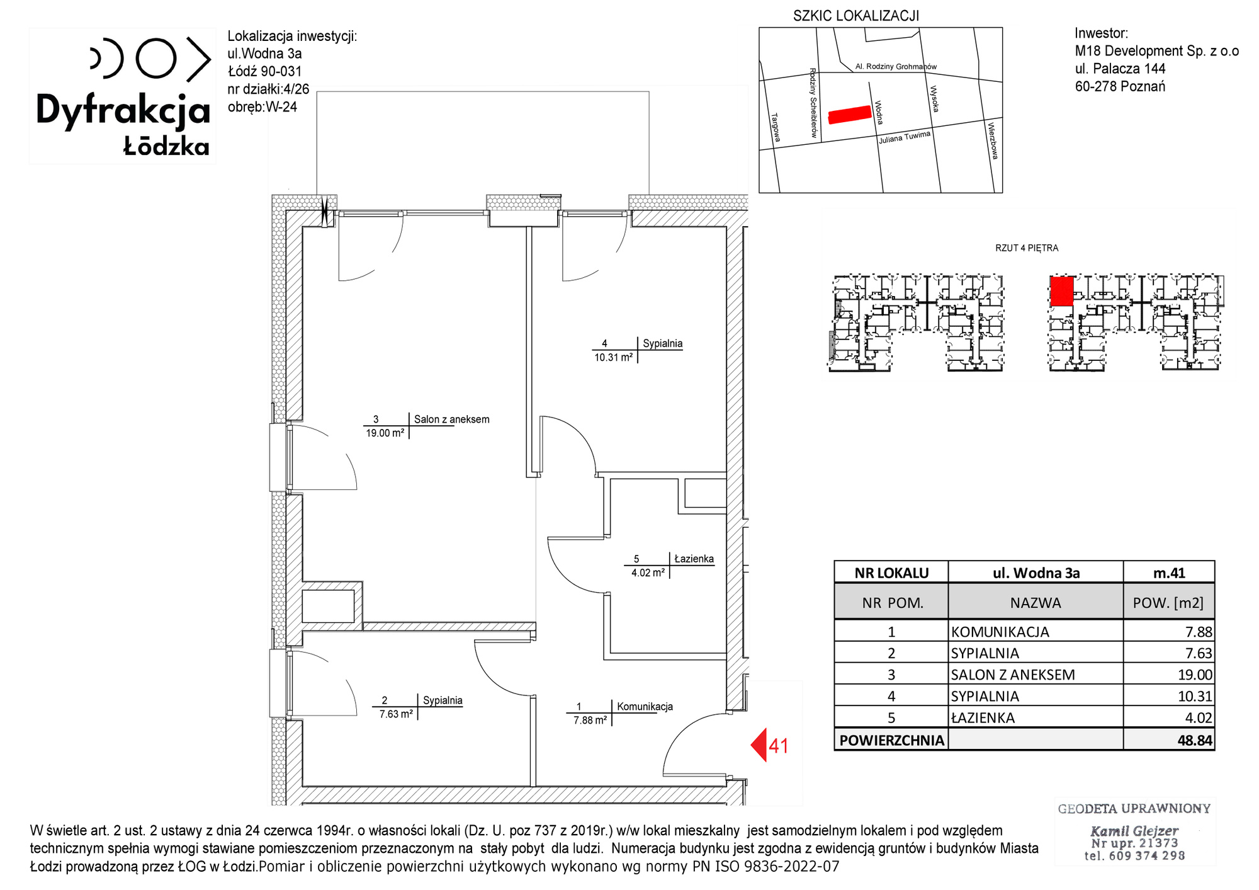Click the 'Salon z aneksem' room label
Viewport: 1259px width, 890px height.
[451, 419]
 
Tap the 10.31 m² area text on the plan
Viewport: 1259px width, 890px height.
[614, 357]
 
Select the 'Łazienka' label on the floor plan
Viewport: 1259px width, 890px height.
[694, 559]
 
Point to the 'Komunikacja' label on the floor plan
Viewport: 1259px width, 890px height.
[645, 707]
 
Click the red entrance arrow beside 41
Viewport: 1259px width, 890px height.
[759, 745]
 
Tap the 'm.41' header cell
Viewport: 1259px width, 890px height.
[1169, 573]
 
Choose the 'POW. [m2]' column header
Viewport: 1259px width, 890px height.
[1168, 603]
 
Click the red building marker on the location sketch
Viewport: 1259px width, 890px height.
[849, 115]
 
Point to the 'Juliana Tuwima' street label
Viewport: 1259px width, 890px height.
[905, 137]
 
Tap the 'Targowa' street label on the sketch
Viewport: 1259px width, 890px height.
[776, 127]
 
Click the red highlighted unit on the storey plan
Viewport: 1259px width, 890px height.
[1062, 292]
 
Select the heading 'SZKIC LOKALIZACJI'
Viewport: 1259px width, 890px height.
[856, 16]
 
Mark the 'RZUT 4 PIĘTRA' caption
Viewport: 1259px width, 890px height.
[1027, 248]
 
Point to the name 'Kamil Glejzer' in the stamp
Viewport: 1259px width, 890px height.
[1134, 831]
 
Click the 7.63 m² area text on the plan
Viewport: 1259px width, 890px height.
[396, 714]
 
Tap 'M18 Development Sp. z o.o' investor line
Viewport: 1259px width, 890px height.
[1157, 51]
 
